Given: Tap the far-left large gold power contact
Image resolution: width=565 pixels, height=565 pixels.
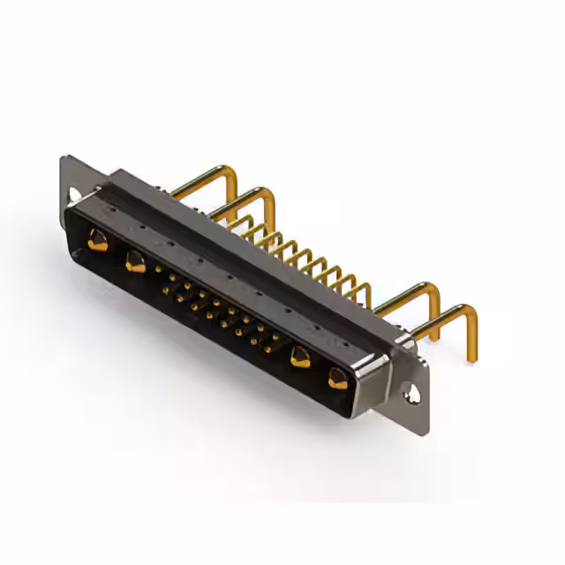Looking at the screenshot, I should (97, 239).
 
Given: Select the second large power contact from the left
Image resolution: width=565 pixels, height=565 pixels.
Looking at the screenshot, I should (135, 261).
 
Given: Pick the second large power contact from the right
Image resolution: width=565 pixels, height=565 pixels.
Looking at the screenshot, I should (300, 358).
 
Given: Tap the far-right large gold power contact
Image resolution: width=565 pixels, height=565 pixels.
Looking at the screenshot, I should (337, 379).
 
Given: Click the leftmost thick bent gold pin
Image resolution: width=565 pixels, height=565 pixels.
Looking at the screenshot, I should (199, 180).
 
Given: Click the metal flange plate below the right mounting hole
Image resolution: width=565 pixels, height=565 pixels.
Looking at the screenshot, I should (417, 408).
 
